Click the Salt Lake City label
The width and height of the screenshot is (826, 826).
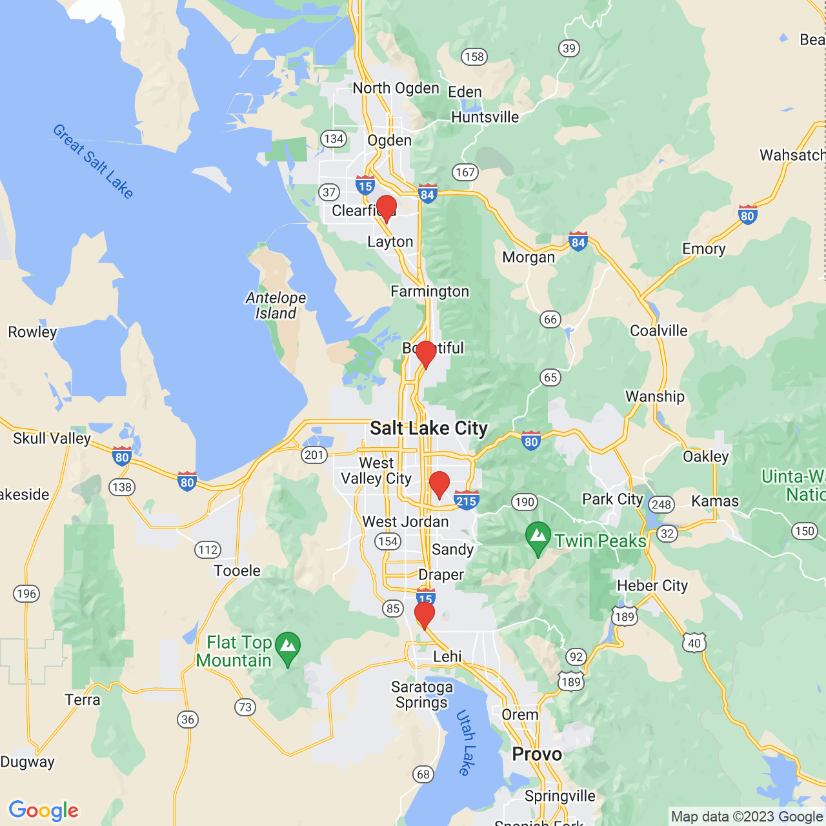click(x=428, y=428)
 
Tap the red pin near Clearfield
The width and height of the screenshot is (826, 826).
click(x=387, y=208)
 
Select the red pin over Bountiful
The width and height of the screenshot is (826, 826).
click(x=426, y=354)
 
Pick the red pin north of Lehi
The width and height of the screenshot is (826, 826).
click(x=424, y=615)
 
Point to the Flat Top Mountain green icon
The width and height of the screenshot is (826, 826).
click(x=288, y=648)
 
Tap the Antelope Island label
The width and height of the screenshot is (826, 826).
click(x=276, y=305)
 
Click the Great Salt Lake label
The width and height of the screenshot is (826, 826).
click(x=93, y=161)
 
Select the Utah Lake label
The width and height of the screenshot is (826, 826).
click(x=466, y=742)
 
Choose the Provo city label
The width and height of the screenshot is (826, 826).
click(x=537, y=754)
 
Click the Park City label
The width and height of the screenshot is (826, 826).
click(x=612, y=499)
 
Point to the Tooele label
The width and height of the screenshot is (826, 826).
click(x=237, y=570)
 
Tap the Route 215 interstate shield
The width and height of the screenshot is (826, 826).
click(x=466, y=500)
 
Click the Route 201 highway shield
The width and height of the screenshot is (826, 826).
click(x=314, y=455)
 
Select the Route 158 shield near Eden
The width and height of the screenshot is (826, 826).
click(x=474, y=57)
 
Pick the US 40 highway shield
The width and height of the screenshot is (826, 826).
click(x=694, y=643)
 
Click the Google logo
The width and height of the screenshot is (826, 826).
click(x=44, y=811)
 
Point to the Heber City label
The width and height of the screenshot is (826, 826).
click(x=652, y=585)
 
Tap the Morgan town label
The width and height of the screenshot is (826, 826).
click(x=529, y=257)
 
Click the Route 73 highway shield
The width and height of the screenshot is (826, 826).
click(x=245, y=707)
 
